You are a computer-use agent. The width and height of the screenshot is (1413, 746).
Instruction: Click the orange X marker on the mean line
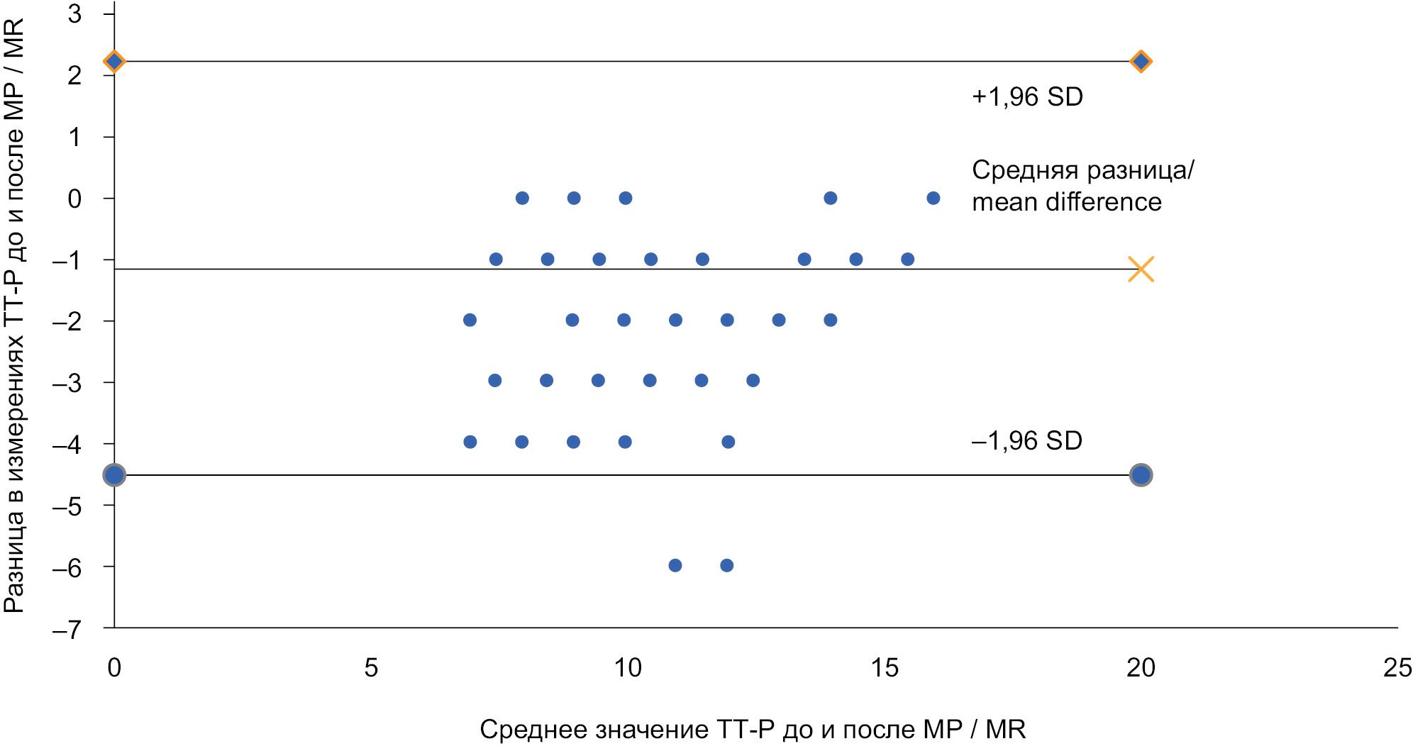(x=1141, y=269)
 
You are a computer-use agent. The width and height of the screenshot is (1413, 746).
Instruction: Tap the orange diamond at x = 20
(x=1141, y=62)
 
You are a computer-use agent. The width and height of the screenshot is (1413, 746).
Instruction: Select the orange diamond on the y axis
(x=114, y=62)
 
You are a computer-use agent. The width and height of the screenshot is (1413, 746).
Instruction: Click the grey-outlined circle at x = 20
(x=1141, y=474)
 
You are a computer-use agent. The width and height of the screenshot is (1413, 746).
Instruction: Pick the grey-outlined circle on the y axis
(x=114, y=474)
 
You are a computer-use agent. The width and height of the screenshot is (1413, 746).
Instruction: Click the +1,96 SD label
(x=1027, y=97)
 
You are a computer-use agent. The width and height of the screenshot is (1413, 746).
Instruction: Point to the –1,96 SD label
(x=1026, y=441)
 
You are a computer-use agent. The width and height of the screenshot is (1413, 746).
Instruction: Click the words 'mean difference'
(x=1066, y=202)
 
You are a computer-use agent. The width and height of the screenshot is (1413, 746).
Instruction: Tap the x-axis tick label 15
(x=884, y=667)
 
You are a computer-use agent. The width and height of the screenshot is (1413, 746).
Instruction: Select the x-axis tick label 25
(x=1397, y=667)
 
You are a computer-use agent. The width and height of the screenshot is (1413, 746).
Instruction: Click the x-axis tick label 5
(x=371, y=667)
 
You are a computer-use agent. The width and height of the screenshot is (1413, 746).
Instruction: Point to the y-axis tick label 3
(x=74, y=13)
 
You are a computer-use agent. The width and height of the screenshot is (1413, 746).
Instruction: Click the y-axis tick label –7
(x=67, y=629)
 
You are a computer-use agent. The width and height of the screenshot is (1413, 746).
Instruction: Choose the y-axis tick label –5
(x=67, y=506)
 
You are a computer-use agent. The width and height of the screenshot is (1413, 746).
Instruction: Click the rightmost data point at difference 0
(x=933, y=198)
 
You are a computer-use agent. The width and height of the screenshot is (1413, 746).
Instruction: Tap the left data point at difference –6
(x=675, y=565)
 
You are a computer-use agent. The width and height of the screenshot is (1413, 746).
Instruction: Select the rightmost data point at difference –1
(x=907, y=259)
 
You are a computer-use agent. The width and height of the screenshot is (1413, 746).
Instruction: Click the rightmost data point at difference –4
(x=728, y=442)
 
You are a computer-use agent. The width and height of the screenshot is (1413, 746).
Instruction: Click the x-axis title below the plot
(x=752, y=729)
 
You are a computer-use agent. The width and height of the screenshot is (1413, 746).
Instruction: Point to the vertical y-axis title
(x=14, y=316)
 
